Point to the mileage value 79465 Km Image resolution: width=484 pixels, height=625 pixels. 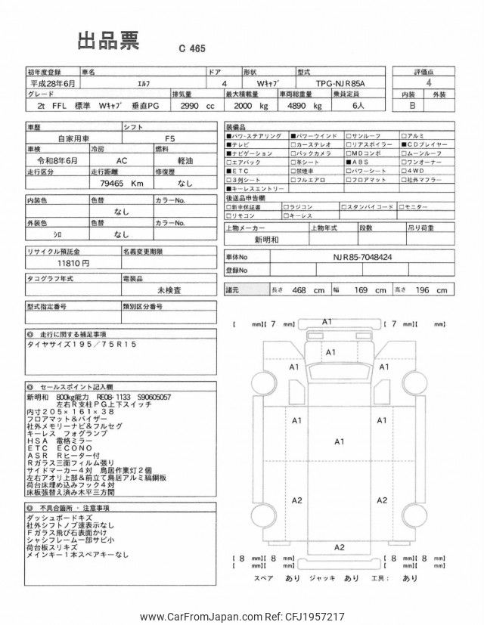[x=116, y=183]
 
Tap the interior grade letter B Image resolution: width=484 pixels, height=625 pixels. [x=411, y=107]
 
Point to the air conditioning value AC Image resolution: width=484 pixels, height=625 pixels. [x=121, y=161]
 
